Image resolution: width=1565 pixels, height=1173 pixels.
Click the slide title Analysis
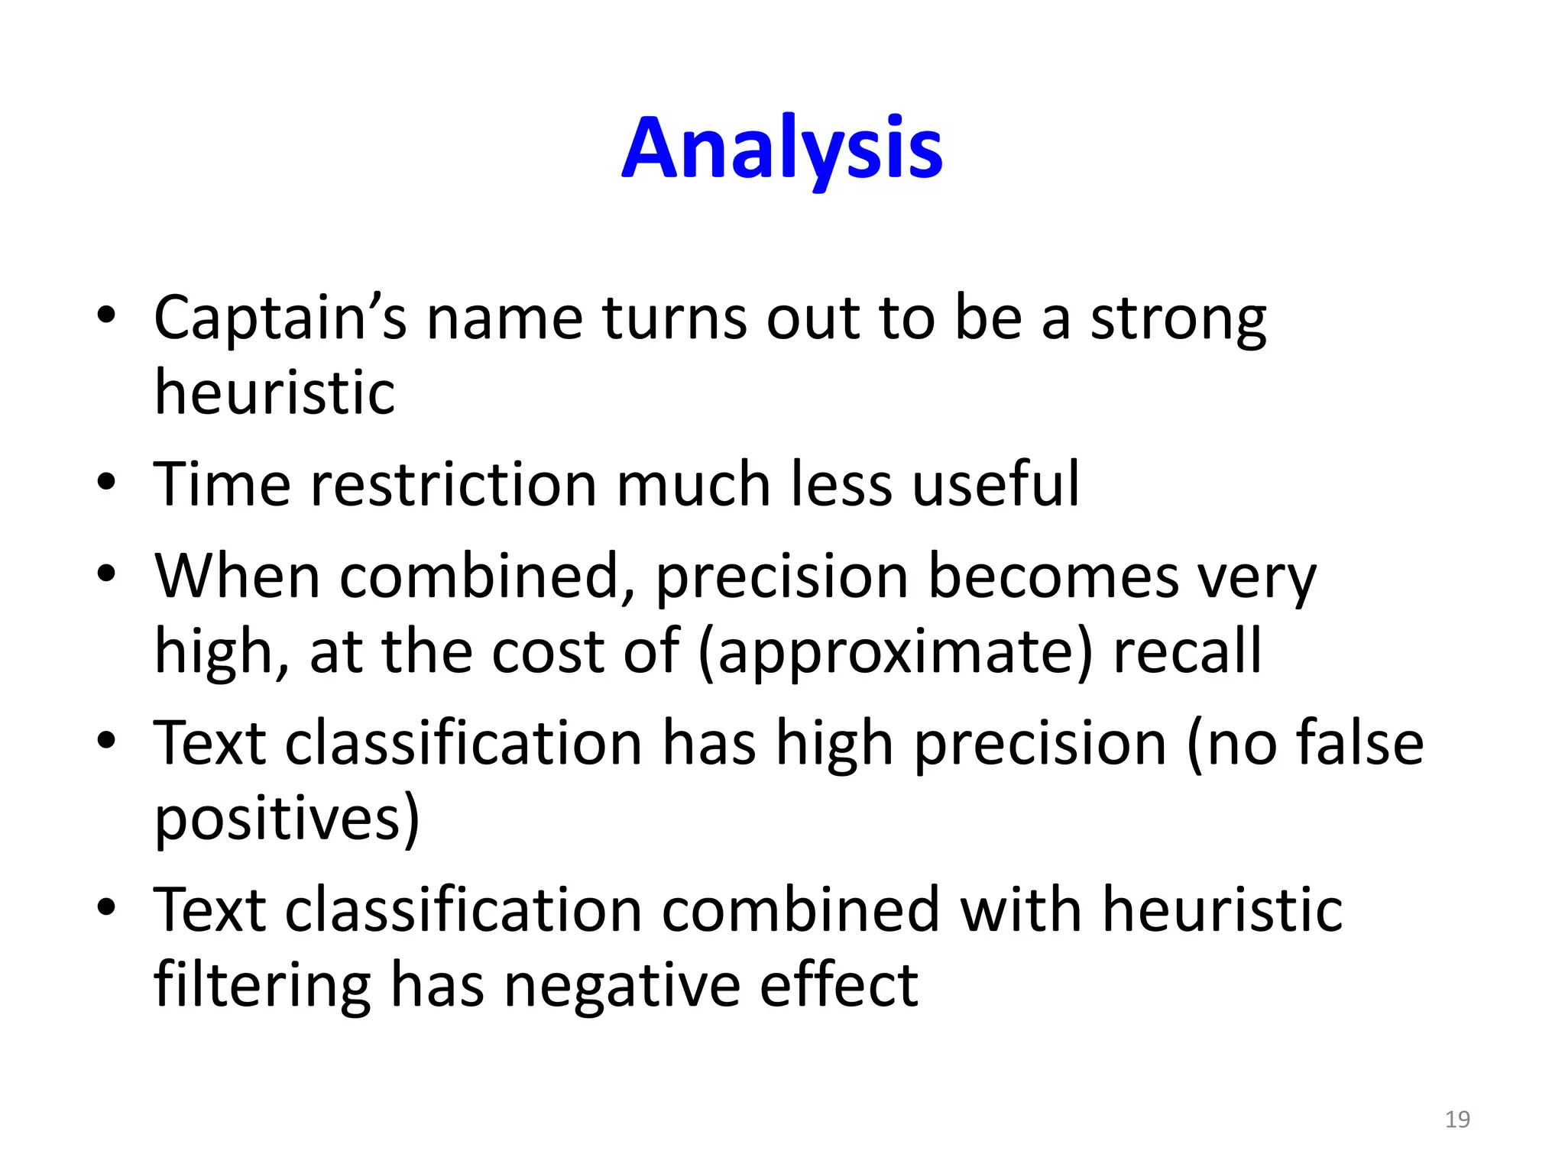click(x=782, y=149)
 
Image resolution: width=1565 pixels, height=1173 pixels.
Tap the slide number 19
click(x=1457, y=1120)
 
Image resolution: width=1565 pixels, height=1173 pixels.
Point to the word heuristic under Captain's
click(x=274, y=393)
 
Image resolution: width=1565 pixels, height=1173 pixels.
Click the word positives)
click(x=287, y=819)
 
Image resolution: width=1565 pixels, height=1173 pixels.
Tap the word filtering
click(x=262, y=985)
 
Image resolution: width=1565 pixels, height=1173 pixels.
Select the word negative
click(x=622, y=985)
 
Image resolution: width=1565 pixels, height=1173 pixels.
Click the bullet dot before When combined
click(x=106, y=574)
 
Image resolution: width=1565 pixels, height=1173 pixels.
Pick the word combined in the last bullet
click(x=800, y=910)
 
